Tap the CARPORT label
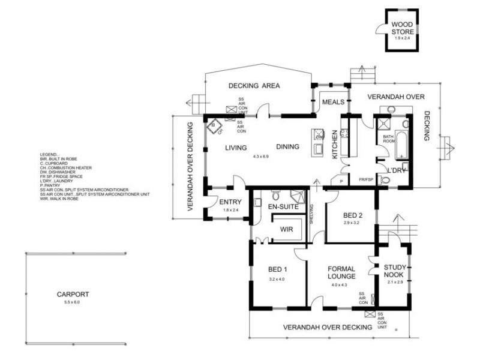click(73, 295)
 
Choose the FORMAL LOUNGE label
click(342, 272)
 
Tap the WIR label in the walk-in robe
click(286, 229)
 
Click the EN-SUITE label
click(283, 207)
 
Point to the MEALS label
click(333, 103)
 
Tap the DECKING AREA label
click(254, 86)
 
